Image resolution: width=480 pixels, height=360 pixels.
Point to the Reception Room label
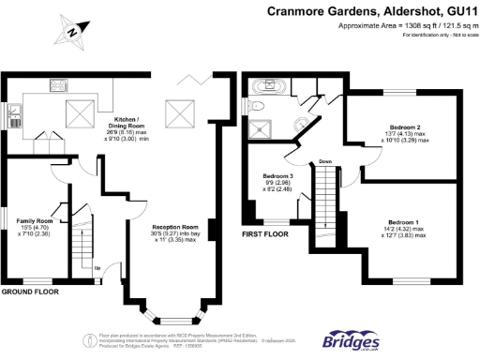[x=177, y=232]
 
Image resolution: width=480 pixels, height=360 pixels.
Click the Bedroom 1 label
[x=399, y=225]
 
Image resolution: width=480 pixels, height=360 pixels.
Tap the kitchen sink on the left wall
[x=13, y=117]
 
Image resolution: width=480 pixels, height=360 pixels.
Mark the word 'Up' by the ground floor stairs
[x=97, y=268]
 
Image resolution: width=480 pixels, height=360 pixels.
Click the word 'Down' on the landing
[x=325, y=161]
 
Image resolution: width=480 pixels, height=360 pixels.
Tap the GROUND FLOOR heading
[x=30, y=292]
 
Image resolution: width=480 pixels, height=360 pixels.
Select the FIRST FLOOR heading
[x=264, y=233]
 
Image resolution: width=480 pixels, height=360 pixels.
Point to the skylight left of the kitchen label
[x=77, y=113]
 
